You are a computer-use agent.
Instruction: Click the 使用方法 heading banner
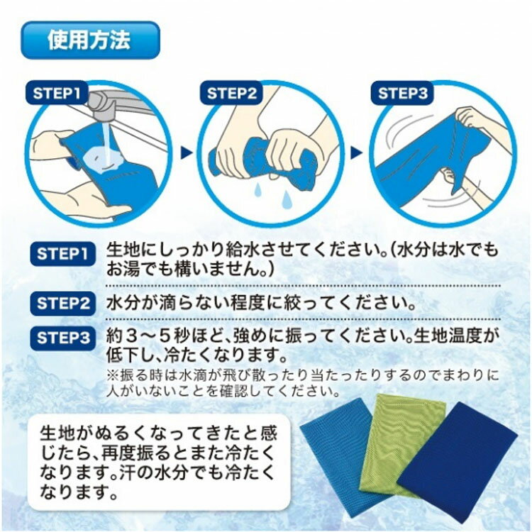point(90,40)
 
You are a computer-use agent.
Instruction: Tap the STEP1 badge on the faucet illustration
point(56,93)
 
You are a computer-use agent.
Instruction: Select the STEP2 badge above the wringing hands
point(232,93)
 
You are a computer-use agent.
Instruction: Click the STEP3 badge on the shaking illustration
point(403,93)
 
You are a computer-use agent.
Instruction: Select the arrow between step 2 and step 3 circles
point(356,153)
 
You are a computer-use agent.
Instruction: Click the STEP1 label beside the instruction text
point(62,254)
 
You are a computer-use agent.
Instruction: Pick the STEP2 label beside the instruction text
point(62,304)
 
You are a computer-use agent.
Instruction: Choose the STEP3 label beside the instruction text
point(62,338)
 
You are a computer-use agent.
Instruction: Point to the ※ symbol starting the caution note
point(112,375)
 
